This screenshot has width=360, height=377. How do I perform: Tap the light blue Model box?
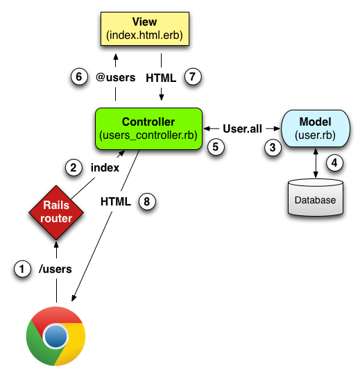316,128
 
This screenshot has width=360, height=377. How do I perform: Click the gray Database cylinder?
316,199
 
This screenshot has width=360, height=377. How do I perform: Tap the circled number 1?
24,269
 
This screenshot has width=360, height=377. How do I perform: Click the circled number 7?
192,77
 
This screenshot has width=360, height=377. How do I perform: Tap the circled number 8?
146,201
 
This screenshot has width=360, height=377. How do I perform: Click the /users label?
55,269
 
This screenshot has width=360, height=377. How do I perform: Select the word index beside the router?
104,167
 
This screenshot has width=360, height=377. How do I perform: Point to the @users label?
115,77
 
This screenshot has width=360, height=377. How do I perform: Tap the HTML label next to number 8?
116,201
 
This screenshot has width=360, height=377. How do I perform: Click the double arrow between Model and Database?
316,162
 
